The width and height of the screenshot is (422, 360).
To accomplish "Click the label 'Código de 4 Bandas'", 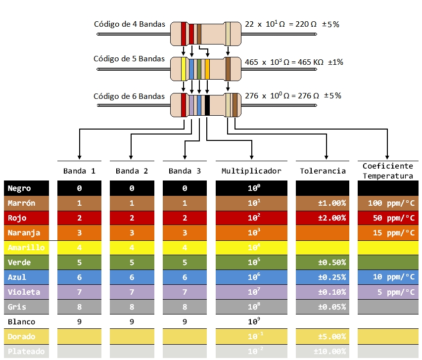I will (x=129, y=24).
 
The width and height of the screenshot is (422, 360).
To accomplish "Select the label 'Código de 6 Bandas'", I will (x=129, y=96).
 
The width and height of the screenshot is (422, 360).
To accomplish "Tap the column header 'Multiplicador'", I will (x=251, y=171).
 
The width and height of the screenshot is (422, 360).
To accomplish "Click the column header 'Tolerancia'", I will (x=323, y=171).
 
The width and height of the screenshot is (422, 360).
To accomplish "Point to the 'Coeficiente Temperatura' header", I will (x=388, y=171).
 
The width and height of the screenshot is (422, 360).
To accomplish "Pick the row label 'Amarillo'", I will (x=26, y=247).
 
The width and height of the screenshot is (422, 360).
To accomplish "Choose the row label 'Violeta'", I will (x=24, y=292).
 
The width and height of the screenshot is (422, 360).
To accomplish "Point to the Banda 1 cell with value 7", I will (x=79, y=292).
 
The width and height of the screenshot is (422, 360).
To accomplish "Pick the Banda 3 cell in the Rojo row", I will (x=185, y=218).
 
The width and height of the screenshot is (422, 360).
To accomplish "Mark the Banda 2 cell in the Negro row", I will (x=132, y=188).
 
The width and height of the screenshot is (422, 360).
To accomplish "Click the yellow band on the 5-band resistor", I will (x=184, y=69).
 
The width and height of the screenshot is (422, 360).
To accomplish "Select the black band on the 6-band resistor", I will (x=207, y=105).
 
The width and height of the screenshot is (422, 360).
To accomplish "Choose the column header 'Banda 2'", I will (x=132, y=171).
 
